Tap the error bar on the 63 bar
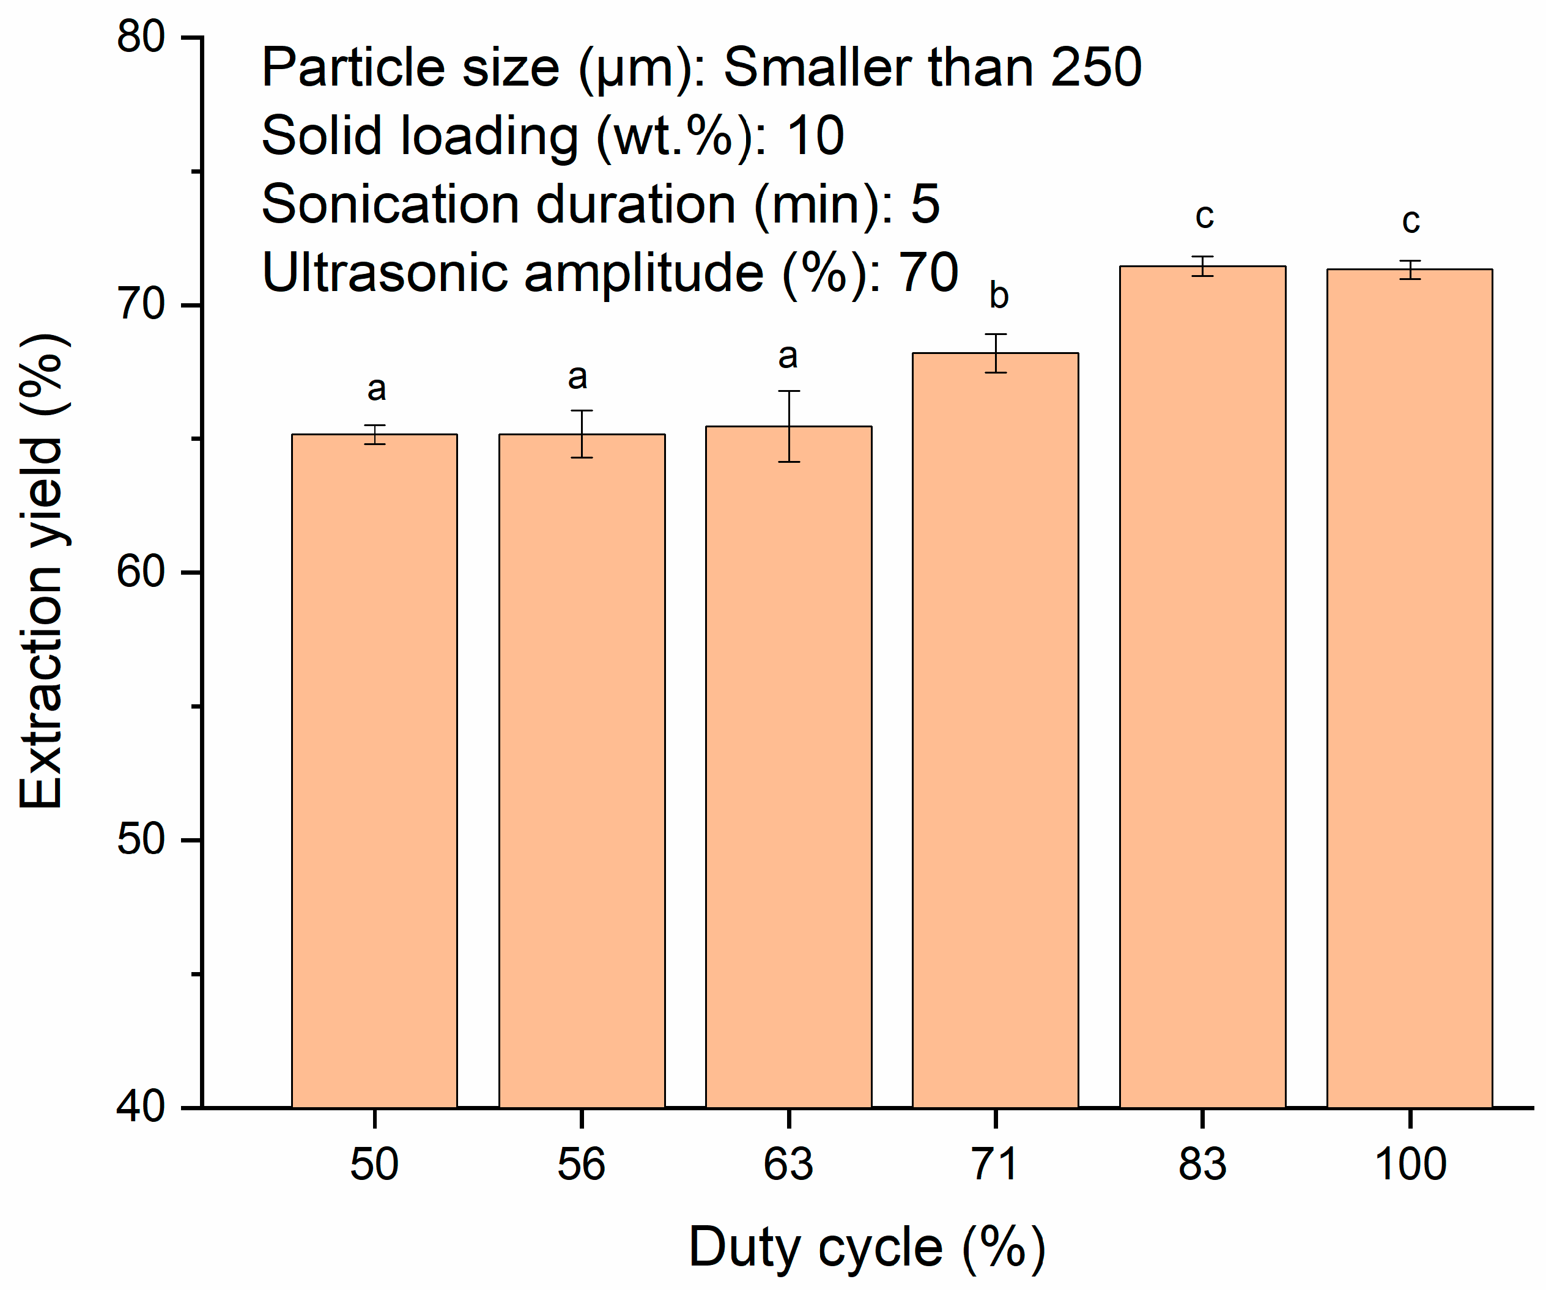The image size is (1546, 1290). click(x=789, y=426)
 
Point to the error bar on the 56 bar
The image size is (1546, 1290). click(x=582, y=434)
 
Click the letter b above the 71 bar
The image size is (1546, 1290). click(x=998, y=295)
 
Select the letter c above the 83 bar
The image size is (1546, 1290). click(x=1204, y=216)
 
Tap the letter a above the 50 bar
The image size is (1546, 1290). click(x=376, y=389)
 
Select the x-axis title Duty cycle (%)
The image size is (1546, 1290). click(x=867, y=1248)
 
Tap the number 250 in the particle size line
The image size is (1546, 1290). click(x=1096, y=67)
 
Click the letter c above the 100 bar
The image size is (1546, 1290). click(x=1410, y=221)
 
